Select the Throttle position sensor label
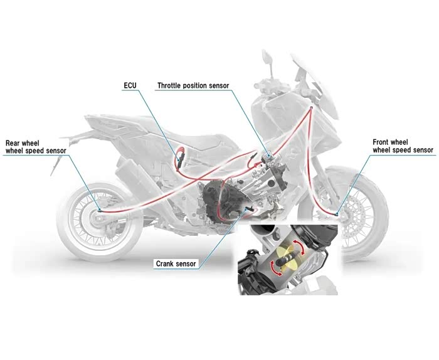[193, 85]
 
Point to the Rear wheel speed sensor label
[36, 146]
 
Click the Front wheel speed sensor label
[403, 146]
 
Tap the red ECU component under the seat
[181, 157]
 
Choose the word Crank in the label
[166, 264]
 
